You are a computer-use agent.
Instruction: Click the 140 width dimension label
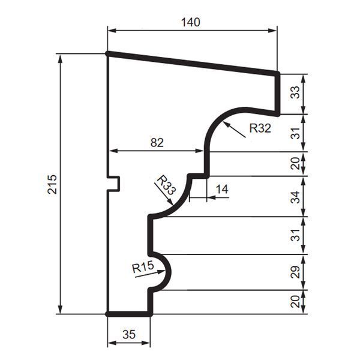point(191,23)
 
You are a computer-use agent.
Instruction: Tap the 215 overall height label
point(52,184)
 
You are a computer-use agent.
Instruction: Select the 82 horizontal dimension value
point(157,143)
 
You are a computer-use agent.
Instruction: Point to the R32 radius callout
point(260,128)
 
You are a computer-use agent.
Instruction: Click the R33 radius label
point(166,185)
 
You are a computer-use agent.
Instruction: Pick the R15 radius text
point(143,267)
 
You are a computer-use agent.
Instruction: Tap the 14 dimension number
point(222,190)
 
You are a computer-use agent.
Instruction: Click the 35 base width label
point(129,335)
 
